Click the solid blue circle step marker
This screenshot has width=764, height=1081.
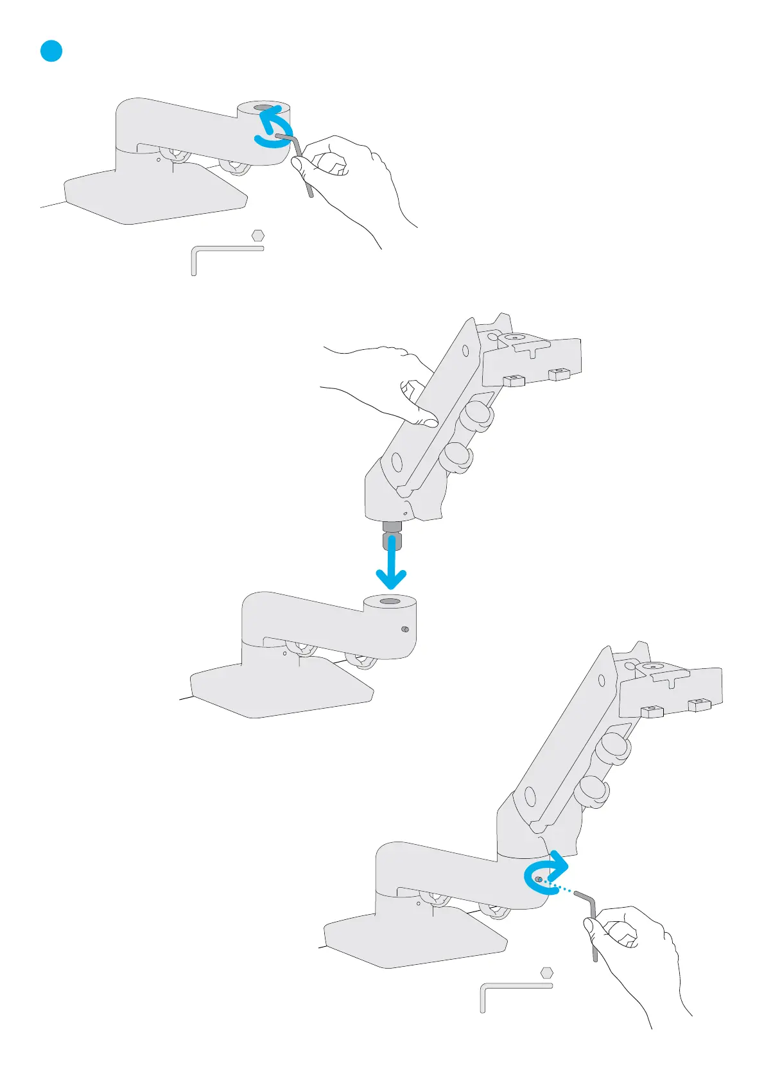click(51, 51)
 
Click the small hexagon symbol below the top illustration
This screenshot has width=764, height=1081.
click(258, 236)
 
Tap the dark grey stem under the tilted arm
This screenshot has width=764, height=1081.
click(392, 535)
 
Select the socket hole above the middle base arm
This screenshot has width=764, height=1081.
click(389, 601)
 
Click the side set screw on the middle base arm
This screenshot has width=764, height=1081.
click(404, 630)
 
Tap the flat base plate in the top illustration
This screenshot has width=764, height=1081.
click(154, 199)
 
